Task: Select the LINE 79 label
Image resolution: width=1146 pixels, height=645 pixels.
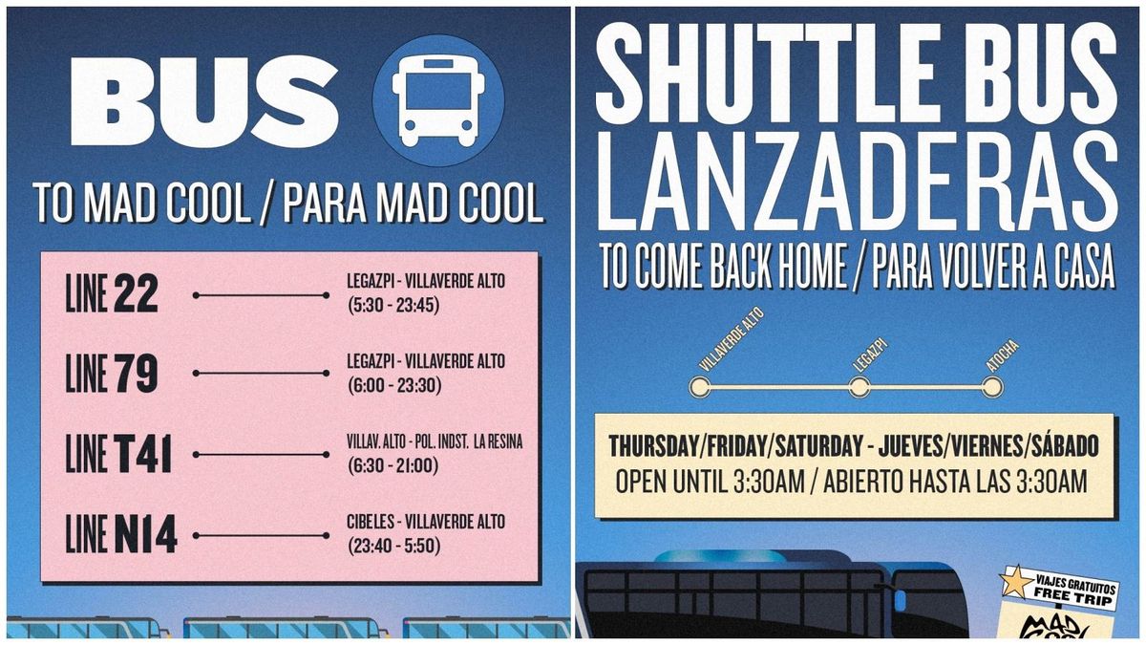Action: point(111,374)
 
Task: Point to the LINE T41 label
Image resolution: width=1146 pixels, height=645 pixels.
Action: point(118,454)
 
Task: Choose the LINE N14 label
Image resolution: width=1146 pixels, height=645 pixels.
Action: point(121,534)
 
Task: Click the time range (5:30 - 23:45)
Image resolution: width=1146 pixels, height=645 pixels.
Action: point(392,306)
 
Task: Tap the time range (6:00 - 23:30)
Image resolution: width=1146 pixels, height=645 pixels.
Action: point(392,385)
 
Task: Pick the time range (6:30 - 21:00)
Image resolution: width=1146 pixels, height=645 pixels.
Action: point(392,466)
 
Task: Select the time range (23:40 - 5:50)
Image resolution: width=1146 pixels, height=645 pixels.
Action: point(392,547)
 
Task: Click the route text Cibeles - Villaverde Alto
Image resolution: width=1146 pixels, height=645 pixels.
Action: point(426,523)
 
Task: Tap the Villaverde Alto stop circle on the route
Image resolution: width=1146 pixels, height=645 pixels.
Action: point(700,387)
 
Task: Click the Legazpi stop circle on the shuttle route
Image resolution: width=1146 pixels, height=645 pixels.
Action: point(859,387)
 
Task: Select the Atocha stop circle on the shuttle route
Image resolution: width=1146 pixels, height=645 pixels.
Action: point(992,387)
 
